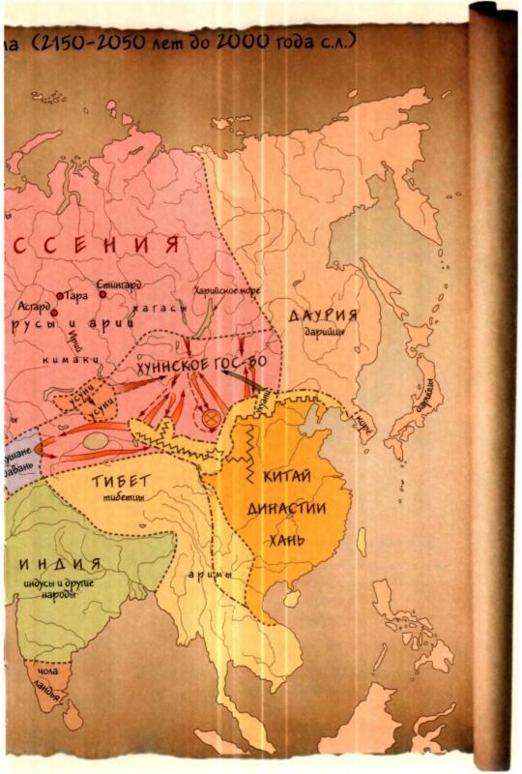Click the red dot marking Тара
60,296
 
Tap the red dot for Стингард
101,294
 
